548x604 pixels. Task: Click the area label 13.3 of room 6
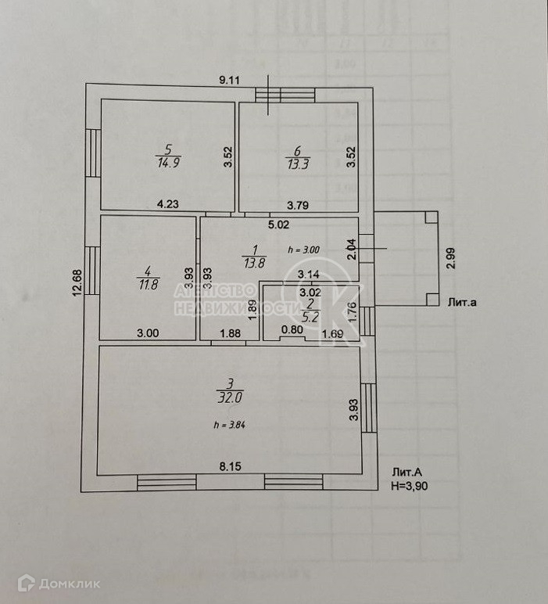pyautogui.click(x=297, y=164)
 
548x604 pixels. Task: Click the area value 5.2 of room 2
pyautogui.click(x=310, y=318)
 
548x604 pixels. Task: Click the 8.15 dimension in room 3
pyautogui.click(x=230, y=466)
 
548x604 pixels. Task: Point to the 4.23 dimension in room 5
pyautogui.click(x=168, y=204)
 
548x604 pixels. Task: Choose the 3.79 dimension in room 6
pyautogui.click(x=297, y=206)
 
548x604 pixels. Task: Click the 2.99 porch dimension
pyautogui.click(x=451, y=257)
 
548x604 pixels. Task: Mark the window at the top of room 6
pyautogui.click(x=286, y=95)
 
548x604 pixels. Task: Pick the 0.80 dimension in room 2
pyautogui.click(x=291, y=330)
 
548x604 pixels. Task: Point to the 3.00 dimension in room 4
pyautogui.click(x=148, y=333)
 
